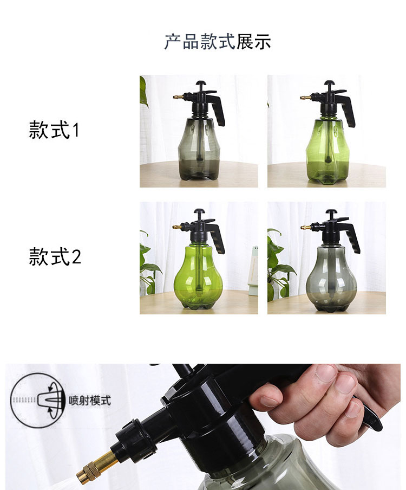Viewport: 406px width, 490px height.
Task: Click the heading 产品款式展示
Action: tap(218, 42)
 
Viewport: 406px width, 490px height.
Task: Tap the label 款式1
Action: tap(54, 130)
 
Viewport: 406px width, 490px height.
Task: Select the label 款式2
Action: tap(55, 256)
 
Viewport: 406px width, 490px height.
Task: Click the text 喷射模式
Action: tap(89, 401)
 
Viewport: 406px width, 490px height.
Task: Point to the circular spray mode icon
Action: tap(38, 401)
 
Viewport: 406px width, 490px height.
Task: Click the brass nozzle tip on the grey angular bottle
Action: tap(178, 97)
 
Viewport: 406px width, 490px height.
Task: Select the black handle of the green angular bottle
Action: tap(346, 109)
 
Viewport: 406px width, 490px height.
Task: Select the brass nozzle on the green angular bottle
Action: tap(305, 98)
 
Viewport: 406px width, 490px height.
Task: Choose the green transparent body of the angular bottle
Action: tap(327, 150)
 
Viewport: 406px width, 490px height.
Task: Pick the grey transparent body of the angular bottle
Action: tap(199, 149)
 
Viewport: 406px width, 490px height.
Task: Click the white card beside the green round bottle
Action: tap(253, 270)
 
